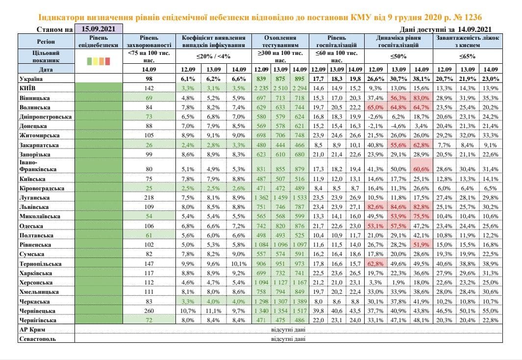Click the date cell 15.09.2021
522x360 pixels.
(x=98, y=30)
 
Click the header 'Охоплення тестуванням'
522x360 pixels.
(x=280, y=41)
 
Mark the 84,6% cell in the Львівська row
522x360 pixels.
(x=398, y=207)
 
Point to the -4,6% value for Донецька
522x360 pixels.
(x=398, y=126)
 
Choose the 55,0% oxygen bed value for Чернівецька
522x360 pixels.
(x=491, y=310)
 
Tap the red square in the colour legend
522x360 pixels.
(x=107, y=62)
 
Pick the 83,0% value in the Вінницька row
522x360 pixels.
(x=422, y=98)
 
